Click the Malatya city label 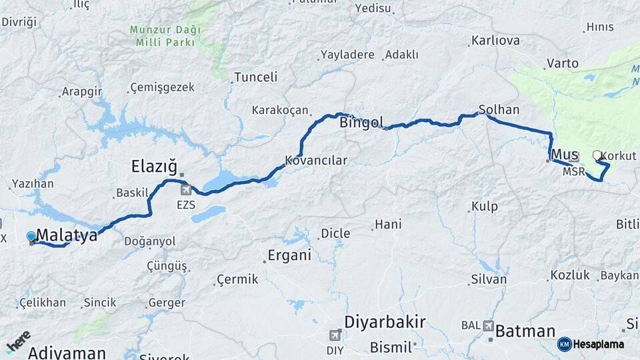click(x=67, y=235)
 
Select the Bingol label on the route click(x=361, y=123)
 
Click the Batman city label click(x=525, y=331)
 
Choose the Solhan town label click(x=499, y=109)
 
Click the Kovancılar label click(x=316, y=161)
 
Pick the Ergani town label click(x=289, y=255)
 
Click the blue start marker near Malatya click(x=31, y=236)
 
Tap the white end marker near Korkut click(x=597, y=155)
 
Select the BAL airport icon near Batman click(x=489, y=326)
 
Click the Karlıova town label click(x=495, y=41)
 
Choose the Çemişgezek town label click(x=162, y=87)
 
